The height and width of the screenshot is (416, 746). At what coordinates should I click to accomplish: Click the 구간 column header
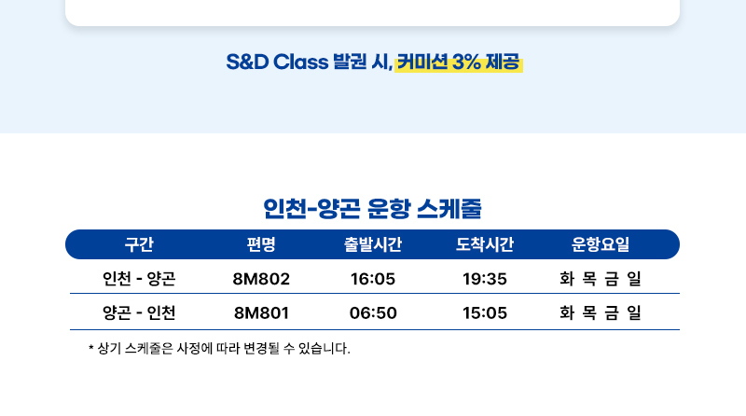coord(139,244)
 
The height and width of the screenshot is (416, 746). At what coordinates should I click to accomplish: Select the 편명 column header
coord(261,244)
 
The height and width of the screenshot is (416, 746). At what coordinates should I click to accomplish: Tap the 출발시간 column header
coord(373,244)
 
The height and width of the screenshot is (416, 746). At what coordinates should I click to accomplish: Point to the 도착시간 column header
coord(485,244)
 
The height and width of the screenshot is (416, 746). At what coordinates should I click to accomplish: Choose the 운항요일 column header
coord(601,244)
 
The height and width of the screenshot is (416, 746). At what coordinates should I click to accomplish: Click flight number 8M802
coord(261,279)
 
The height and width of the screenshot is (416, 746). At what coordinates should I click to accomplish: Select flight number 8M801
coord(261,313)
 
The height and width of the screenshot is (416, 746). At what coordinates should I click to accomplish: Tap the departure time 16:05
coord(373,279)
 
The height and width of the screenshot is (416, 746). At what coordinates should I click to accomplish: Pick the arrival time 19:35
coord(485,279)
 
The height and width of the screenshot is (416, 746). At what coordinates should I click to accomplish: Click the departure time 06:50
coord(373,313)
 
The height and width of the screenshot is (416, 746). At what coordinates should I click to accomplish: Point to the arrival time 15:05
coord(485,313)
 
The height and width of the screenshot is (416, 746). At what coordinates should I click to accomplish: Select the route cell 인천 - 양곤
coord(139,279)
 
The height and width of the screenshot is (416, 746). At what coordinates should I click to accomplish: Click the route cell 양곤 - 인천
coord(139,312)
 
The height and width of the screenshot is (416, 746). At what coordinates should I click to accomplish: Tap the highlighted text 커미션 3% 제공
coord(458,62)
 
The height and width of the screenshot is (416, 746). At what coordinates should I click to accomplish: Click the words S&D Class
coord(277,62)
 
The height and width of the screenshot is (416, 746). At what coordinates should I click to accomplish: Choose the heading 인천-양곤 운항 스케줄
coord(372,209)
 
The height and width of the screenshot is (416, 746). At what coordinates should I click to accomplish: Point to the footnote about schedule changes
coord(219,349)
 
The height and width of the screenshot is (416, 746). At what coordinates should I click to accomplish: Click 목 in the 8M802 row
coord(589,279)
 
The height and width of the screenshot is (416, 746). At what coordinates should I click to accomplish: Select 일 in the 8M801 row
coord(634,312)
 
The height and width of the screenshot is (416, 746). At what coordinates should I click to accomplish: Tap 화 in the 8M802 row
coord(567,279)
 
